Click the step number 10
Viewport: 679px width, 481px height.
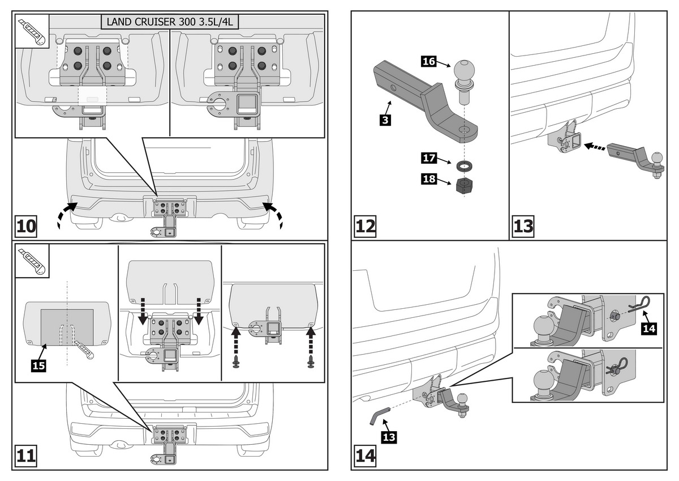(25, 227)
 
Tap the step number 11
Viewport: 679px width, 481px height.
(25, 456)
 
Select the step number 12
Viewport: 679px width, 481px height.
(365, 227)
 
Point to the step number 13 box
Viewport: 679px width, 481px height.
(523, 227)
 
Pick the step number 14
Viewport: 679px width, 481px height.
(365, 456)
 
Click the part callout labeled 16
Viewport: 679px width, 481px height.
(429, 61)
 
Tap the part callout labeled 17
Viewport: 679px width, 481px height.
(429, 159)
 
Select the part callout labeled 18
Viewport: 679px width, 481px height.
(429, 180)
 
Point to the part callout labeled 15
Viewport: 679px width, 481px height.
(38, 365)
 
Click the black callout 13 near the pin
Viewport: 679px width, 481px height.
(389, 437)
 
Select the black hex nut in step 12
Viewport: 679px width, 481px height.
(465, 185)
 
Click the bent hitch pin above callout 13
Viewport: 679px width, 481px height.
(379, 414)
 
